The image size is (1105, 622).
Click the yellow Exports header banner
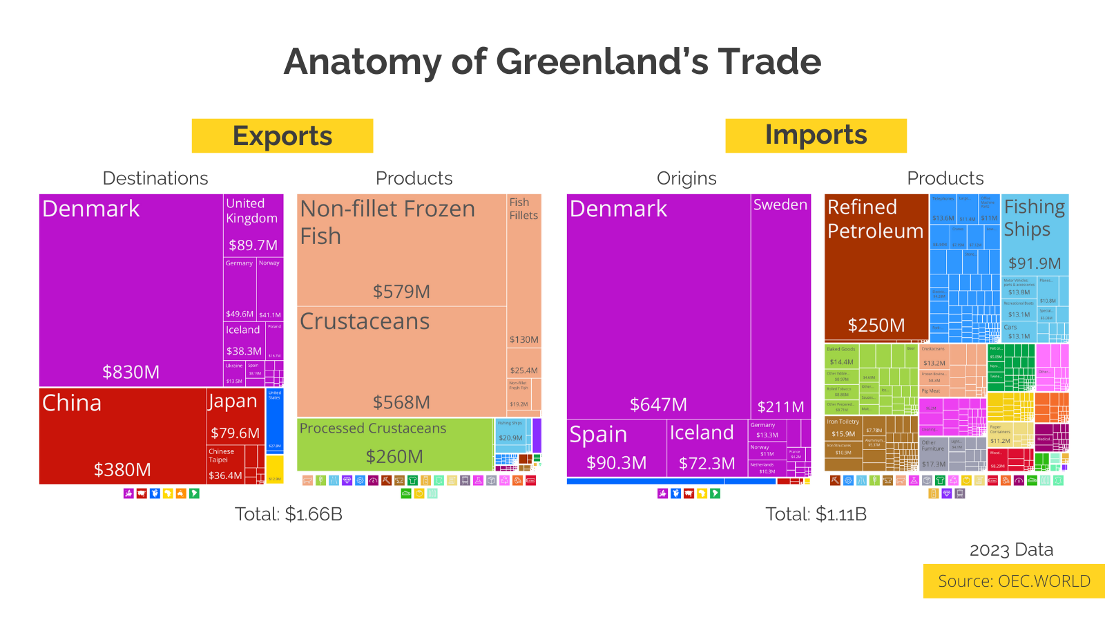click(x=282, y=136)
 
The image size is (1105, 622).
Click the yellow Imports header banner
click(x=816, y=135)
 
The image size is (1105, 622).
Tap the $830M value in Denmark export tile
click(x=131, y=372)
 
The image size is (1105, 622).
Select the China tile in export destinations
click(x=122, y=435)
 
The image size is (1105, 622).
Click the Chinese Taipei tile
click(x=225, y=464)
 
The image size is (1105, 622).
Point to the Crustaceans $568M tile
click(x=401, y=361)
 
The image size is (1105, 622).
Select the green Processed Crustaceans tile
click(x=394, y=444)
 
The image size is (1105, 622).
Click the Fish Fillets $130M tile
click(x=523, y=276)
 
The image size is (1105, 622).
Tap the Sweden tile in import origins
click(x=780, y=304)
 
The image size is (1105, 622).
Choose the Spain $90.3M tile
click(x=616, y=448)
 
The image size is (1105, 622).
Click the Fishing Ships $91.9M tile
click(x=1035, y=235)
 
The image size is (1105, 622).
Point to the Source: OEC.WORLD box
click(x=1013, y=581)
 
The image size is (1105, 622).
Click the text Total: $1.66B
click(x=288, y=514)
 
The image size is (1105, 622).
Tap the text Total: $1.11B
click(x=816, y=514)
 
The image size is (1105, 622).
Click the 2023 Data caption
click(x=1011, y=550)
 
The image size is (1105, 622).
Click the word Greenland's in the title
click(x=602, y=62)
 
